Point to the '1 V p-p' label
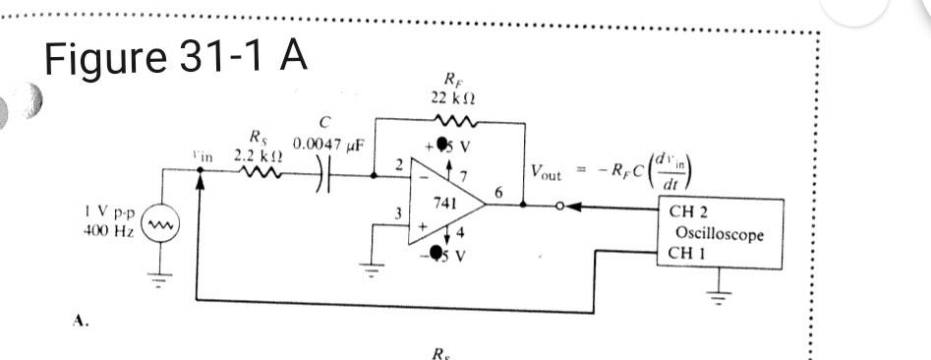(x=107, y=219)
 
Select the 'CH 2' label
(x=685, y=210)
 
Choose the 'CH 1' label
(x=685, y=253)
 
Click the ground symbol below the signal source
(x=161, y=271)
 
